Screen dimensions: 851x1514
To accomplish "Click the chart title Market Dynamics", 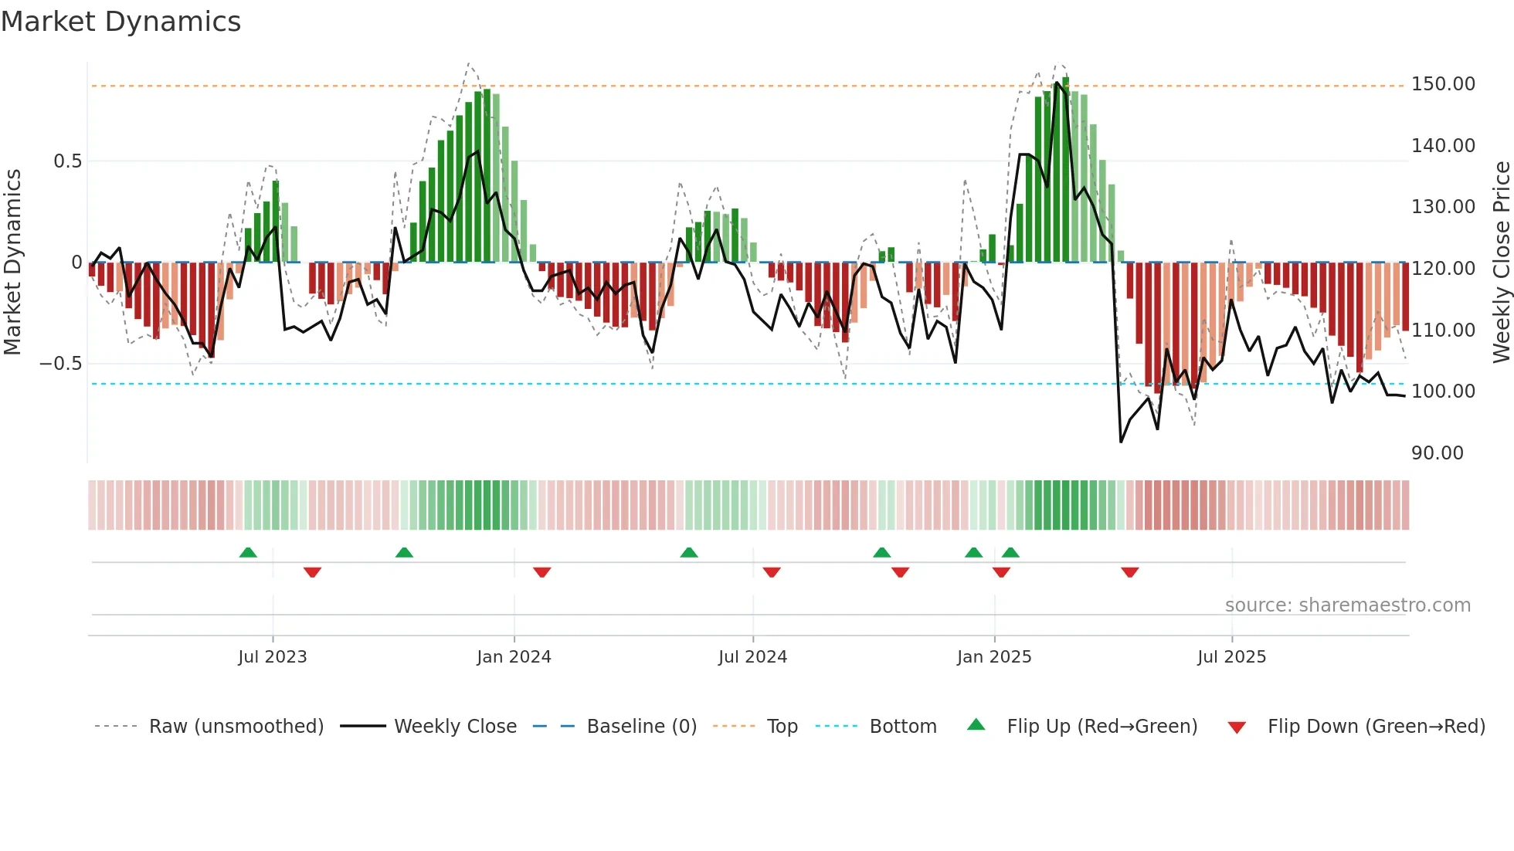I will pos(121,22).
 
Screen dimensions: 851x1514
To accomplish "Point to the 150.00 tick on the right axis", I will pos(1442,84).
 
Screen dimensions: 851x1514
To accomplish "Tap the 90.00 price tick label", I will pos(1437,453).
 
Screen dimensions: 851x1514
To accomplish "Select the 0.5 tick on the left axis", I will pos(67,161).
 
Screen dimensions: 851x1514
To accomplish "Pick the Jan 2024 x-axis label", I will pos(514,657).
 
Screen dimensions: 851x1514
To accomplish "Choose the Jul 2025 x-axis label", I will pos(1231,657).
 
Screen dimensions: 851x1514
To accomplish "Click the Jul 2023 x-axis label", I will pos(272,657).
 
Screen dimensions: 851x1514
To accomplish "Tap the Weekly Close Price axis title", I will pos(1501,263).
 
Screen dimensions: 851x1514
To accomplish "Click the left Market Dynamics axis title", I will pos(12,263).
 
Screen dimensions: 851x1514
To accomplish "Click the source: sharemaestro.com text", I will pos(1347,605).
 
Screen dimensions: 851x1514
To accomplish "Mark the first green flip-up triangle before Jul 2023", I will pos(248,552).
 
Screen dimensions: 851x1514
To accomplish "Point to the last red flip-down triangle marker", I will pos(1129,572).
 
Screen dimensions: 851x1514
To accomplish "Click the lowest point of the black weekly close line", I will pos(1121,442).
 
